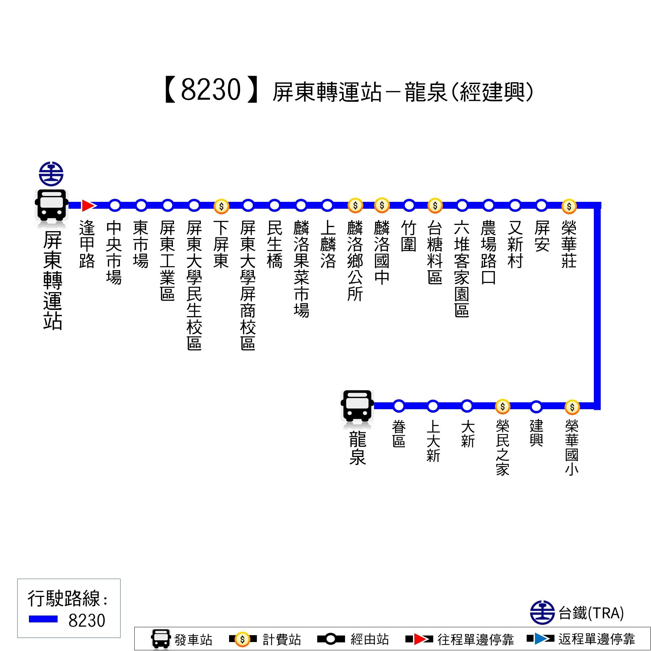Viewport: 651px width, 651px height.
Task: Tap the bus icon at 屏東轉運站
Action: tap(52, 205)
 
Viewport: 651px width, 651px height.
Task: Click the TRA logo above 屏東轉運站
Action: tap(51, 174)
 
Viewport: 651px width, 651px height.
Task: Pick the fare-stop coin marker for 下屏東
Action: tap(221, 206)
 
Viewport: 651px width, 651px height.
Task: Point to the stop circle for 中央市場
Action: tap(115, 205)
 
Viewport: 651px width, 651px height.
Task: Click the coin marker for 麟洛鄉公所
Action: tap(355, 205)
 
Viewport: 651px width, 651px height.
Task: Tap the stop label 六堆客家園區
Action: tap(462, 268)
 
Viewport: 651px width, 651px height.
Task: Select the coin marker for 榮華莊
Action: tap(569, 206)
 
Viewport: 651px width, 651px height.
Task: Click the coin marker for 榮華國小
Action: tap(572, 407)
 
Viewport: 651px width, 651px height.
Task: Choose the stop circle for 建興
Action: tap(536, 407)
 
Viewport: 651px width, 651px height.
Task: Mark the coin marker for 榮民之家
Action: tap(503, 406)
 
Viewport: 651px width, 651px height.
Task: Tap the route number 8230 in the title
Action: tap(210, 90)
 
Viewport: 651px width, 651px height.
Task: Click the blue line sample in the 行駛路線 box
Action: tap(43, 619)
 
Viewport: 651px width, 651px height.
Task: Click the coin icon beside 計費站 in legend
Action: tap(242, 640)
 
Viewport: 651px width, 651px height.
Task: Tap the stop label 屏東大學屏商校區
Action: tap(248, 285)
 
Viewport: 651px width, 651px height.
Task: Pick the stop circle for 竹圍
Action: tap(409, 205)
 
